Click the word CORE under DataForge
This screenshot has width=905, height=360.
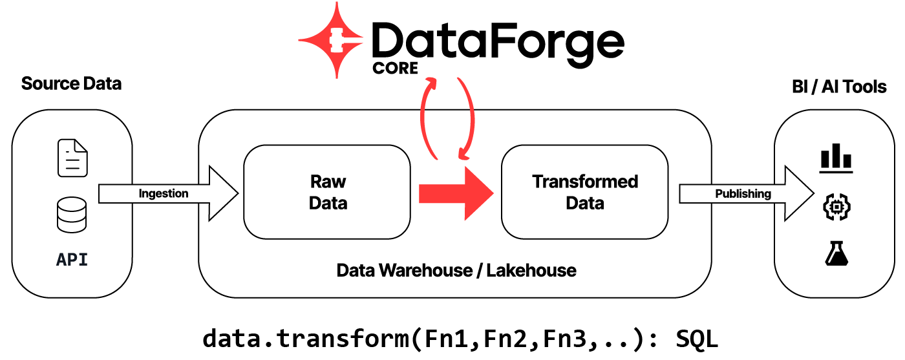pyautogui.click(x=396, y=67)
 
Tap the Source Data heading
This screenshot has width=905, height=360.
pyautogui.click(x=71, y=84)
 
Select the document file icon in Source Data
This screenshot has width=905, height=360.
pyautogui.click(x=72, y=158)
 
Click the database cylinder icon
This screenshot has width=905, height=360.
pyautogui.click(x=72, y=216)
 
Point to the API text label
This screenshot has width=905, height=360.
pyautogui.click(x=72, y=260)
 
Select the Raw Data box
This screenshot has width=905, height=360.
pyautogui.click(x=327, y=192)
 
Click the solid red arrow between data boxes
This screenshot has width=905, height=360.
pyautogui.click(x=456, y=193)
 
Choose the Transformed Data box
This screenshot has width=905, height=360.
pyautogui.click(x=584, y=192)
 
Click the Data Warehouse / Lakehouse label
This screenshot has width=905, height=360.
pyautogui.click(x=456, y=270)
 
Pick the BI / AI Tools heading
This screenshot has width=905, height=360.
pyautogui.click(x=838, y=87)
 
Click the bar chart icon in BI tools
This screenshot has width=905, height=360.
pyautogui.click(x=836, y=159)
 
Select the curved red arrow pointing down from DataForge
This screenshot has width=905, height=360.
pyautogui.click(x=468, y=120)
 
